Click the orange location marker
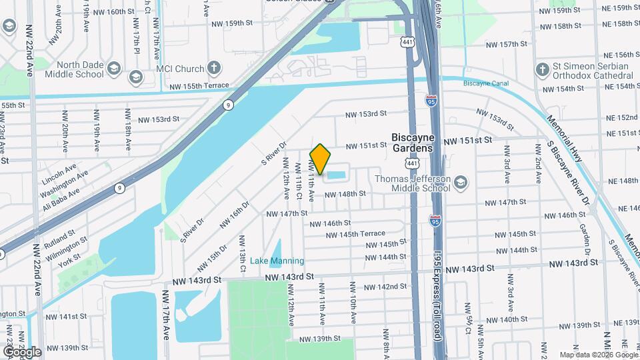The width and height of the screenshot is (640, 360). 321,159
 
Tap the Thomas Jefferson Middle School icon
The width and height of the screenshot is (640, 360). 460,181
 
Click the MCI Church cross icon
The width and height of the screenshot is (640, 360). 213,68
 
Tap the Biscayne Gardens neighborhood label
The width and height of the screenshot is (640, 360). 413,141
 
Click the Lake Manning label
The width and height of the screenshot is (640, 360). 277,261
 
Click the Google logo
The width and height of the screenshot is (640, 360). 21,352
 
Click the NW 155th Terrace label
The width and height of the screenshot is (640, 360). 199,87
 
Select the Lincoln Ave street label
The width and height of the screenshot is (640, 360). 59,175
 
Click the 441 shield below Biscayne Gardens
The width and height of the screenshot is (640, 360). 413,163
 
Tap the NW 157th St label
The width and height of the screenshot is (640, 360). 507,44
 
